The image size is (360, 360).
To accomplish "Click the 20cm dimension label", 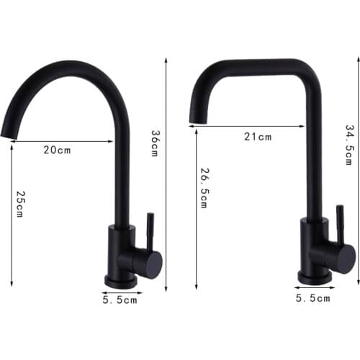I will coord(58,150).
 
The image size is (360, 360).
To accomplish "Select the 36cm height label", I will coord(153,144).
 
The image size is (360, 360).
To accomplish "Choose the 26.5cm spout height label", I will coord(204,189).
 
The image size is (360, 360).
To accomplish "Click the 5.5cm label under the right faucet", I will coord(314,297).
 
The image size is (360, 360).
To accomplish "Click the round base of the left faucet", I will coord(120,281).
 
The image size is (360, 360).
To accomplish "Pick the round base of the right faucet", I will coord(315,276).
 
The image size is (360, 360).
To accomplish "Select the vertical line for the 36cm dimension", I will coord(166,173).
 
